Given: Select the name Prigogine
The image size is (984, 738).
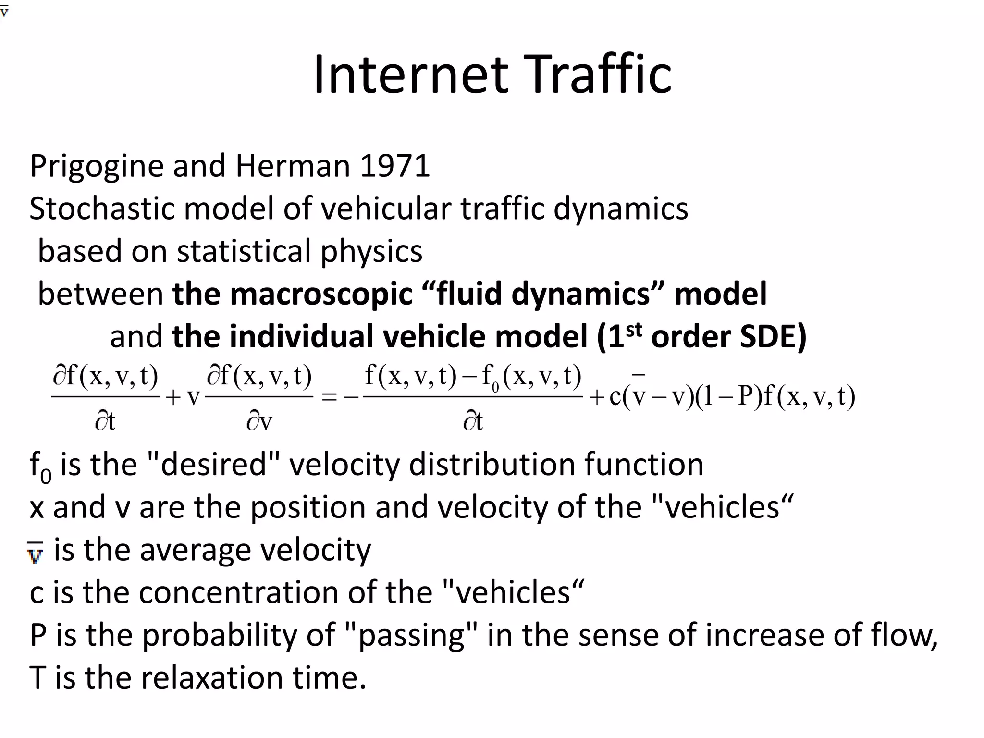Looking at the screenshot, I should click(97, 167).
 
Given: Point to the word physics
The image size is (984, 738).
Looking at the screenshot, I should click(371, 252).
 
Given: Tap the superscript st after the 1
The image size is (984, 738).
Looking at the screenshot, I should click(634, 330).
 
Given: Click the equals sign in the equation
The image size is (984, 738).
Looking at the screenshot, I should click(329, 397).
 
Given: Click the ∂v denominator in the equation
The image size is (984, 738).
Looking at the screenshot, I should click(259, 422).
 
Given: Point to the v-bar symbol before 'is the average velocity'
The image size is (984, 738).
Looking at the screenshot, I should click(35, 553).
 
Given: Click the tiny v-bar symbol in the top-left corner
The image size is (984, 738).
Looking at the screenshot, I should click(4, 11).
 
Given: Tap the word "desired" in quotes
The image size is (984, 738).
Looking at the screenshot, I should click(213, 465).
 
